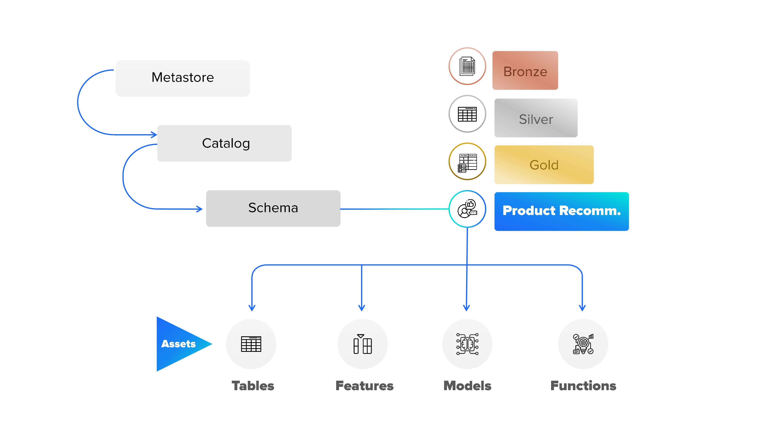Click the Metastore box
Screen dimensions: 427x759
[183, 78]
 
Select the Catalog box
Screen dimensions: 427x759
[224, 143]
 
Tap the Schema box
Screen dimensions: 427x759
[273, 208]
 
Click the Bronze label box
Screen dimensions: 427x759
[525, 70]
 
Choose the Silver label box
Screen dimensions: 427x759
[536, 118]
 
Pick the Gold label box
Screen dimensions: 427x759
[544, 165]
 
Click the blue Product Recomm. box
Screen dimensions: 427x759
[561, 211]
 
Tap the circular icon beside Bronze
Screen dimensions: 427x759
[467, 66]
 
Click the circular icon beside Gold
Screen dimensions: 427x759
[467, 162]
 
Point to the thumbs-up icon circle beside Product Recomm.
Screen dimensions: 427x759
[467, 209]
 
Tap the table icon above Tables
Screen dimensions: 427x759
[251, 344]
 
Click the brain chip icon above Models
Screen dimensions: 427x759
[467, 344]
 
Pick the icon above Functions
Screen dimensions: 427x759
[583, 344]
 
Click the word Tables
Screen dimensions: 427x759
[253, 386]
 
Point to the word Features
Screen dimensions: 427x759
[364, 386]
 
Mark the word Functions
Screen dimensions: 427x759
[583, 386]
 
